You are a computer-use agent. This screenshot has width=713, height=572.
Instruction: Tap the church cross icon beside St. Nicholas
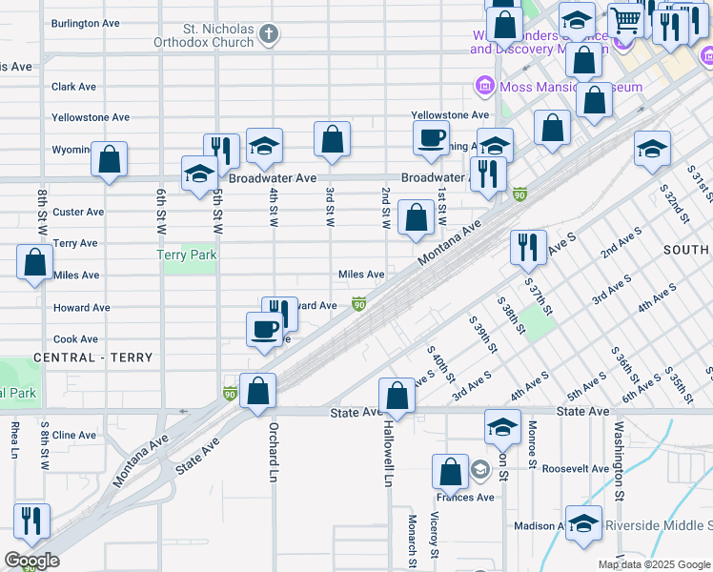(x=269, y=35)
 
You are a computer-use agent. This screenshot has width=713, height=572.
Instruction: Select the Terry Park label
(x=187, y=255)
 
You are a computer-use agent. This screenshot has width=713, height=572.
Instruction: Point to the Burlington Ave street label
(x=87, y=23)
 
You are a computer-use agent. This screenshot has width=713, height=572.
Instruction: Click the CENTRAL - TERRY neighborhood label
(x=92, y=357)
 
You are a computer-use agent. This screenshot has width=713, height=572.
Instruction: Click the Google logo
(x=31, y=561)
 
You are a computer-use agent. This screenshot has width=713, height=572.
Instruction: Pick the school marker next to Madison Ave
(x=583, y=523)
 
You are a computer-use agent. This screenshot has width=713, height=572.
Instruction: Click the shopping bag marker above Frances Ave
(x=449, y=471)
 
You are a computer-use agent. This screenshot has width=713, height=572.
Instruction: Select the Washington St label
(x=619, y=460)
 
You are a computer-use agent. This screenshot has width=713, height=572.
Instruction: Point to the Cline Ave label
(x=74, y=435)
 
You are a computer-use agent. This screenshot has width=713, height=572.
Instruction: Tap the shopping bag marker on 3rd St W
(x=332, y=139)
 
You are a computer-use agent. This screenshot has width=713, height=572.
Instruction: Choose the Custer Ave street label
(x=79, y=212)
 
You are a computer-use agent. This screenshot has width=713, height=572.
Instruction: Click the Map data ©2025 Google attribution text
(x=653, y=564)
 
